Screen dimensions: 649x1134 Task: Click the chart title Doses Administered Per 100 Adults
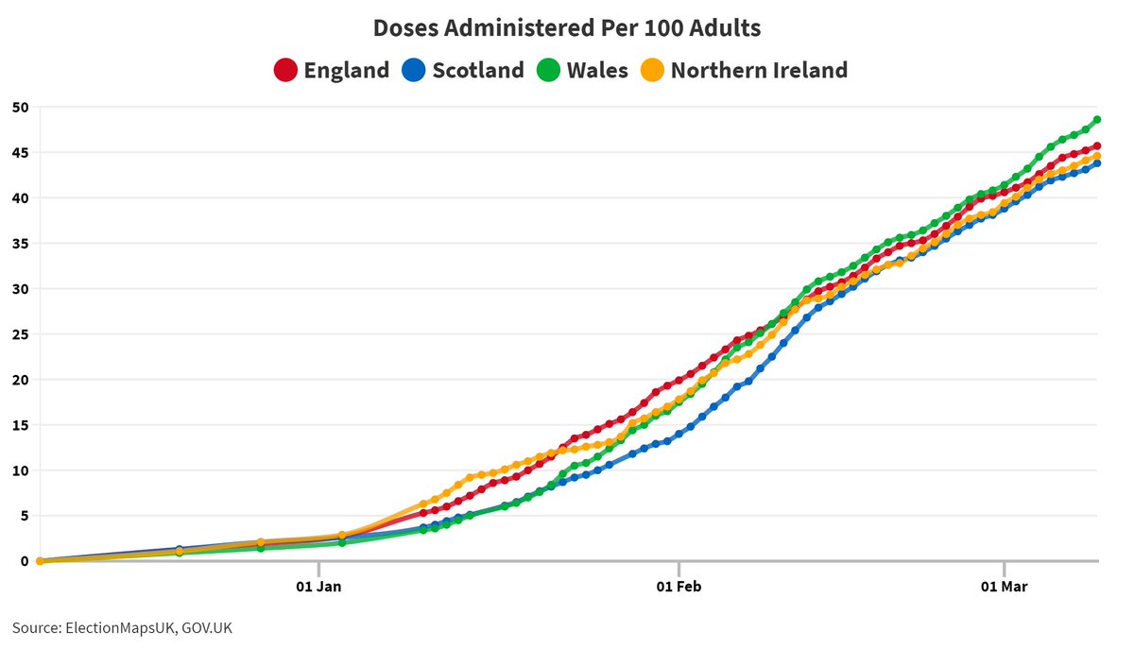point(567,28)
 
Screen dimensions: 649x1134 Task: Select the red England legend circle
point(285,70)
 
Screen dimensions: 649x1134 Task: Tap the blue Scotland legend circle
point(415,70)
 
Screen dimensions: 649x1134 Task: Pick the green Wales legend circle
point(549,70)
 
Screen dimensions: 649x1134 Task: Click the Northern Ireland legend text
point(759,70)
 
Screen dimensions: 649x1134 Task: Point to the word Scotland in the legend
point(478,70)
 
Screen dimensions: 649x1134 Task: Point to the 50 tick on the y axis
point(19,107)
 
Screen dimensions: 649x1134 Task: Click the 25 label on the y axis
point(19,334)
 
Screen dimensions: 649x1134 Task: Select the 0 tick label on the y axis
point(23,561)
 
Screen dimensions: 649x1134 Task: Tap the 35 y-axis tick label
point(19,244)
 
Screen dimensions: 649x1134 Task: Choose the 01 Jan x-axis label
point(318,588)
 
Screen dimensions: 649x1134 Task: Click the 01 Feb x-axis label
point(679,588)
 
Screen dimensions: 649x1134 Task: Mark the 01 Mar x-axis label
point(1004,588)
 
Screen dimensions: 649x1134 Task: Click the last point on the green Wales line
point(1097,120)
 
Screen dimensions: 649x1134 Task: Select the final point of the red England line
point(1097,146)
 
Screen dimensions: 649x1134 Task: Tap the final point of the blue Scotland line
point(1097,163)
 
